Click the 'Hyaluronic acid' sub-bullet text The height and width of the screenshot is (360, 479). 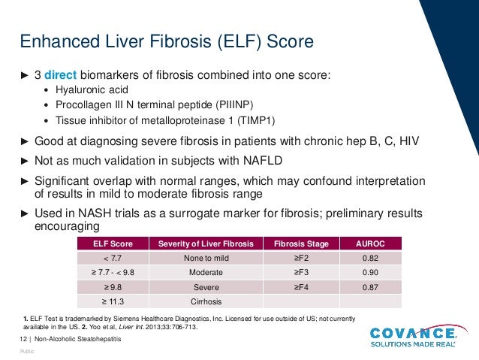tap(87, 90)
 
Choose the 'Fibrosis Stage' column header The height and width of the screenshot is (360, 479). tap(298, 244)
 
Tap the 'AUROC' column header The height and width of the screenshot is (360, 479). tap(370, 244)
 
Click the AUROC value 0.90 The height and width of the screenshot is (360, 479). tap(370, 272)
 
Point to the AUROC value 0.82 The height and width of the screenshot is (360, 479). tap(370, 258)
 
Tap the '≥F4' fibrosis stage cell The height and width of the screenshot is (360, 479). tap(298, 287)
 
